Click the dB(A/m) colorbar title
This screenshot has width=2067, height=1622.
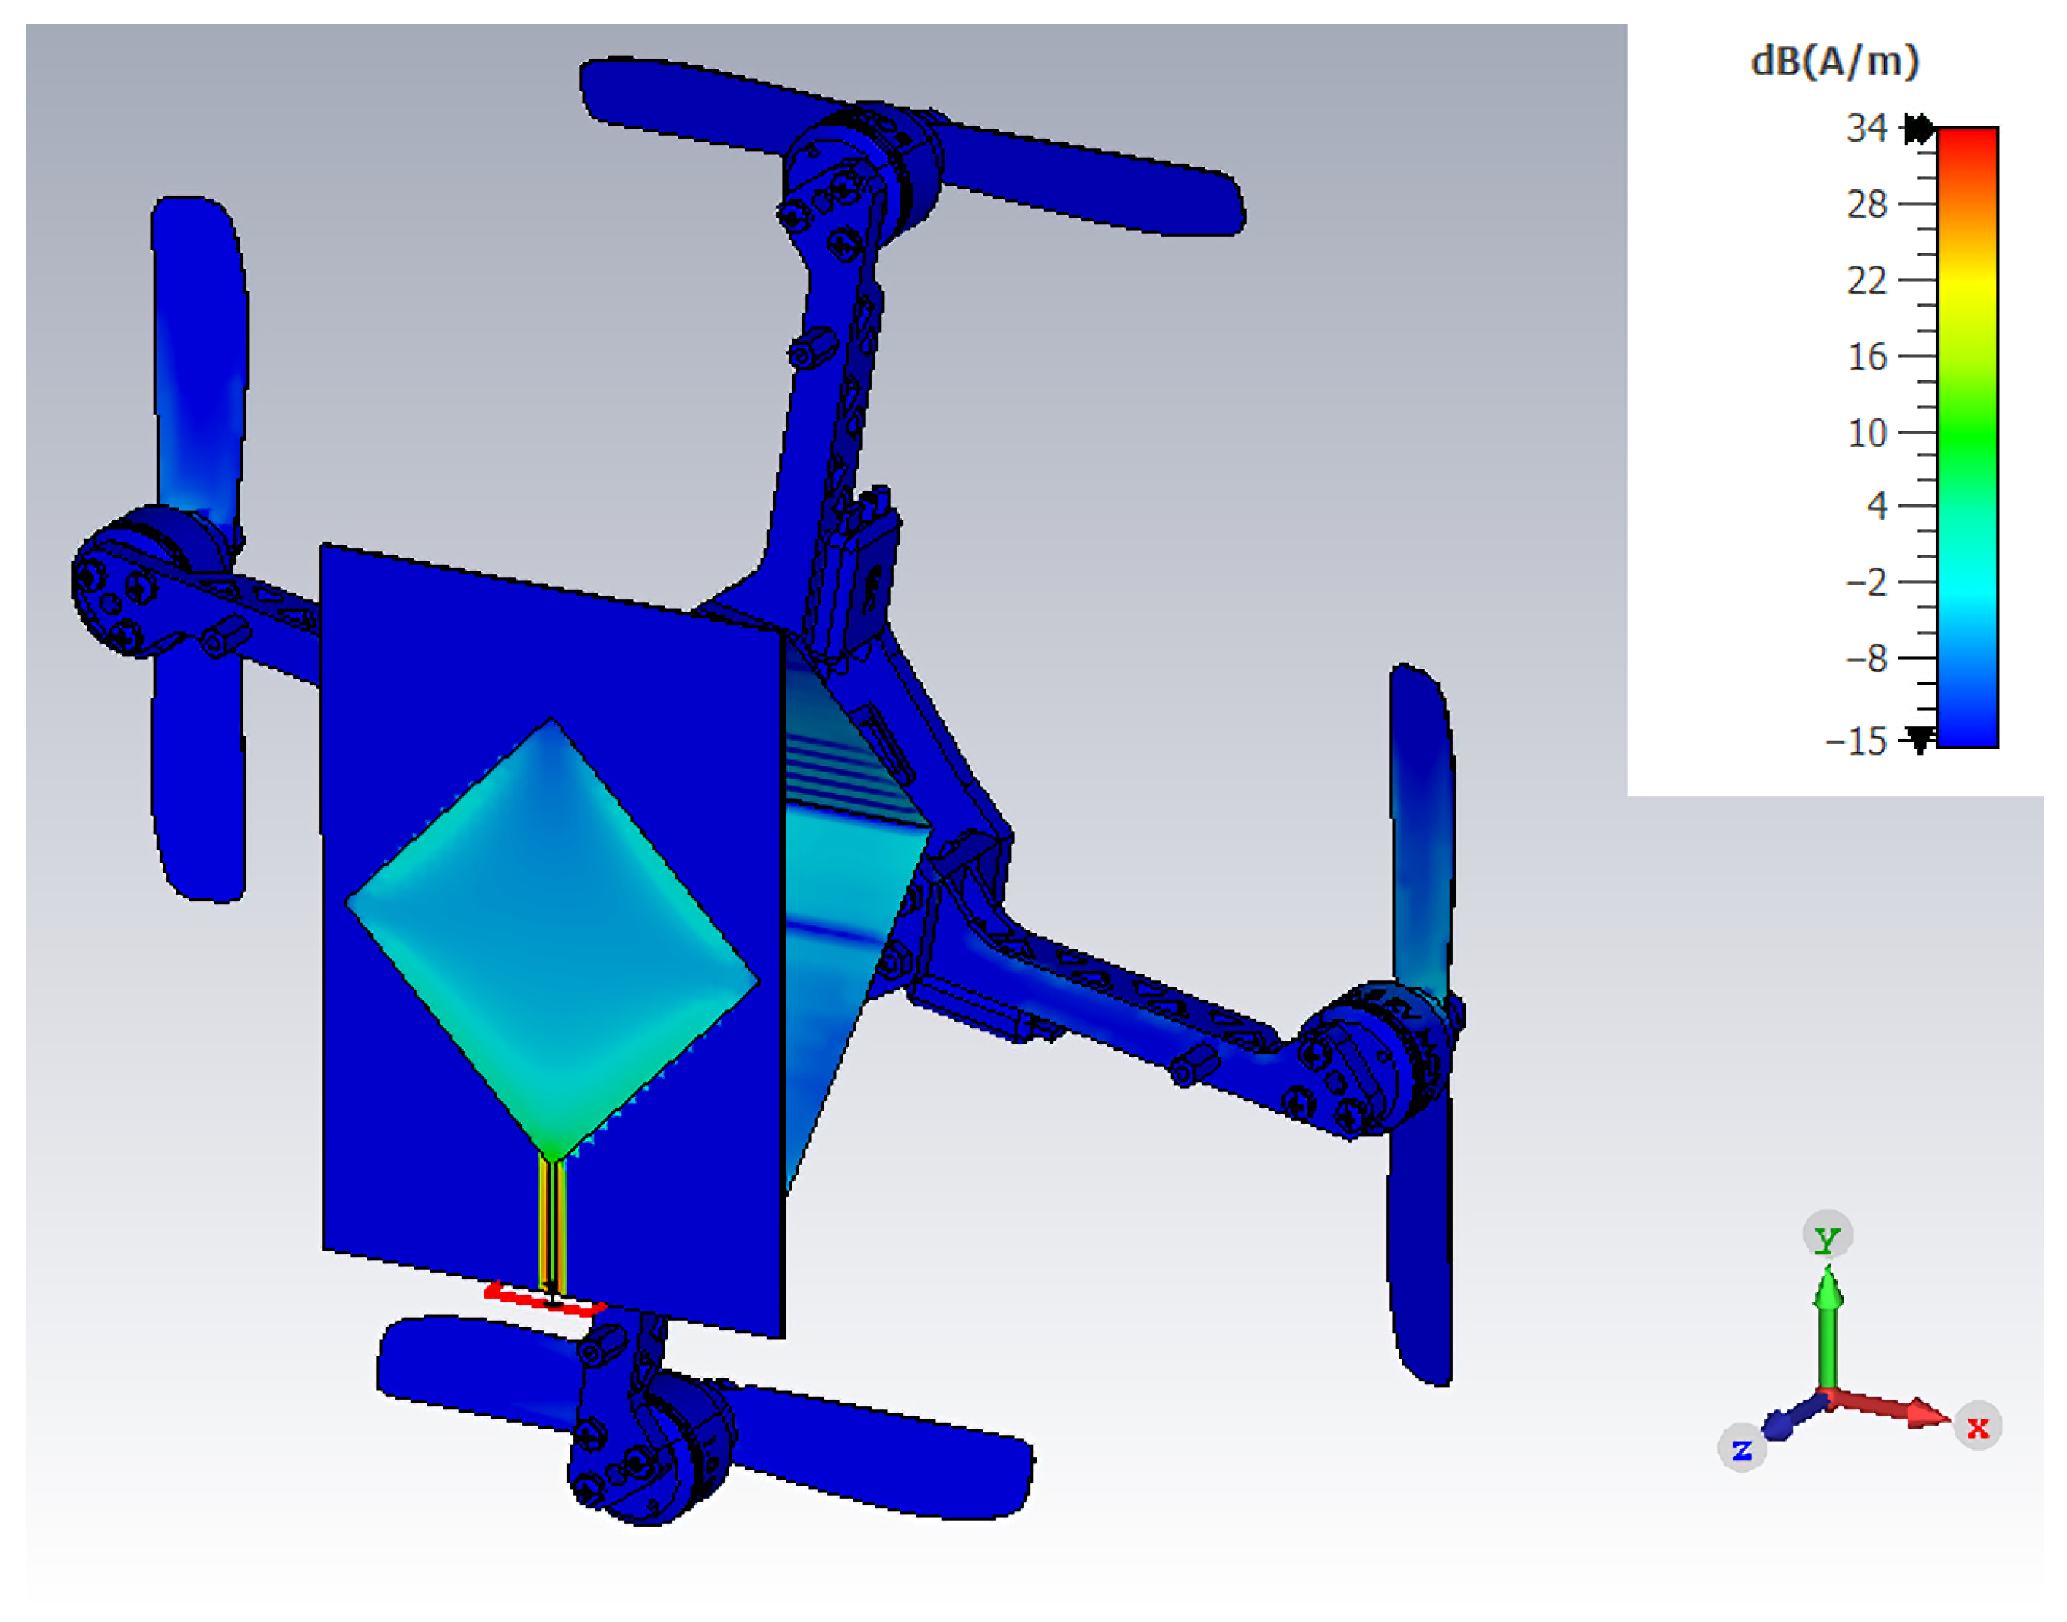point(1834,62)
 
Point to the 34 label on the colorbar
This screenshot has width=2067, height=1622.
point(1866,128)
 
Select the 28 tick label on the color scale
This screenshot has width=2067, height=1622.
point(1866,204)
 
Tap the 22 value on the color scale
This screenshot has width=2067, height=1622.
point(1866,280)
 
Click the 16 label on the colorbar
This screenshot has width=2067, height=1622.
point(1866,357)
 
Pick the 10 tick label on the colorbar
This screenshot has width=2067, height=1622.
point(1866,433)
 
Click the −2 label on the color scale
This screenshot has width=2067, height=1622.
point(1864,582)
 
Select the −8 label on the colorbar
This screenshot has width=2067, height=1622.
point(1864,658)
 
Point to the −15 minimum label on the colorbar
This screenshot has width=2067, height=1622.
point(1854,741)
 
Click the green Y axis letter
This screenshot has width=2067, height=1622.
point(1827,1239)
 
